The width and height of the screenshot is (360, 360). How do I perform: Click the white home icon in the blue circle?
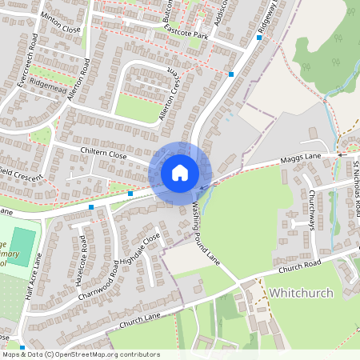point(180,172)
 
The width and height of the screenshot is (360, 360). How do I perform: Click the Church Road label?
point(301,265)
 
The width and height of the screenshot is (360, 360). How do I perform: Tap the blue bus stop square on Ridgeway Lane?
point(231,74)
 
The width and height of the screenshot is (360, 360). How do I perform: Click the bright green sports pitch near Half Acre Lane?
point(23,244)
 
